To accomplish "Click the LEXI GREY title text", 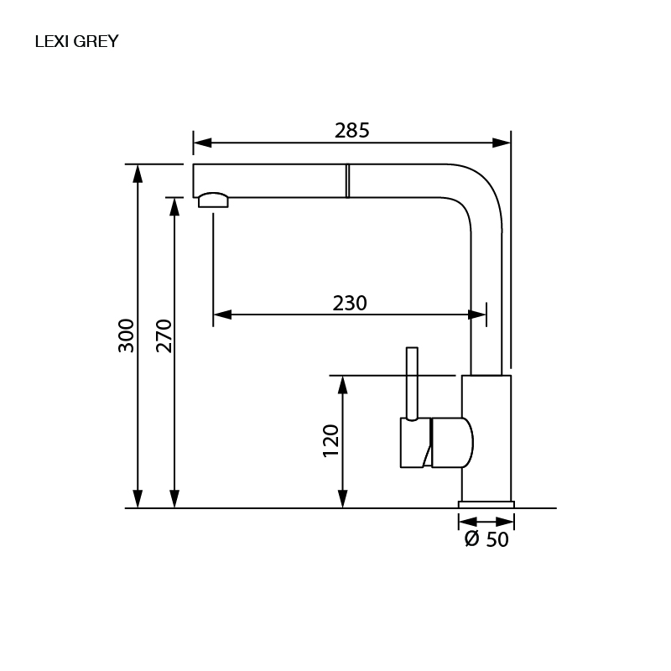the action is (x=76, y=41).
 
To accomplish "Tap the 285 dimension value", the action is (x=351, y=131).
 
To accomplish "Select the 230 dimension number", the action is (x=350, y=304).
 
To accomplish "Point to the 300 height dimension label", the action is (x=127, y=335).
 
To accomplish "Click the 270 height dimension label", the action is (x=164, y=336).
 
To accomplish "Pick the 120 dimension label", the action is (x=330, y=441).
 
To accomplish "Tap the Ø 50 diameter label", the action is (x=486, y=539).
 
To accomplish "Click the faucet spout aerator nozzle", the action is (x=213, y=200).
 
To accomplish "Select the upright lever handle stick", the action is (x=412, y=384).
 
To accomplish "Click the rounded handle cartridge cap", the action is (x=452, y=443).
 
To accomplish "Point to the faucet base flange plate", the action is (x=486, y=505).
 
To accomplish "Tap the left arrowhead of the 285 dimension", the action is (x=202, y=143).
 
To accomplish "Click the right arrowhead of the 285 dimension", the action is (x=502, y=143).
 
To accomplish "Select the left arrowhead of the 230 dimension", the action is (x=222, y=315).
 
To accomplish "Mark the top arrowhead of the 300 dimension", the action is (x=138, y=174).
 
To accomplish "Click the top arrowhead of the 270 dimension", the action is (x=174, y=207).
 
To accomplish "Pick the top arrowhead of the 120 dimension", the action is (x=342, y=385).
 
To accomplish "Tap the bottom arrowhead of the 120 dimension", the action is (x=342, y=499).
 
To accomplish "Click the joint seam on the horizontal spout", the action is (x=347, y=180).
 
